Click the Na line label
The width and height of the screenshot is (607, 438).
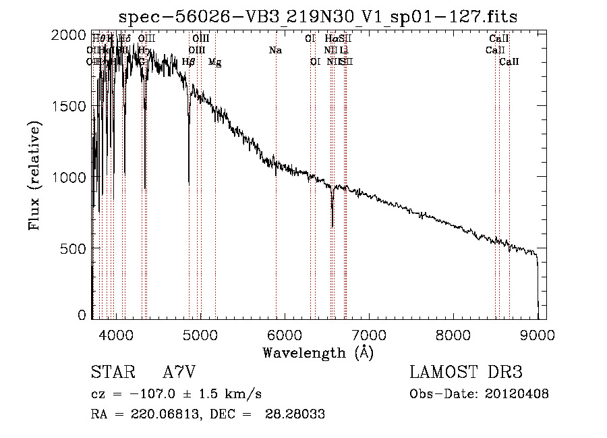tap(275, 51)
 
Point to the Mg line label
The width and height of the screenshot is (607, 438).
tap(214, 63)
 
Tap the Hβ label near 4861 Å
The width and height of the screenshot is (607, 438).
tap(189, 62)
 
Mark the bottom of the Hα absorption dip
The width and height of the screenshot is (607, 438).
tap(332, 227)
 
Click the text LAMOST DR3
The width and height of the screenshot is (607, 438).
tap(466, 373)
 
